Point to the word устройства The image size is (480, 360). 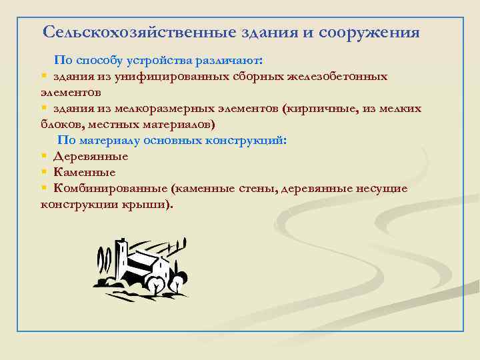tap(160, 60)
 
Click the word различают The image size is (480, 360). tap(228, 60)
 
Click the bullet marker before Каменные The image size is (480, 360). tap(43, 173)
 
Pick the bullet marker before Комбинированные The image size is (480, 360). tap(43, 189)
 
